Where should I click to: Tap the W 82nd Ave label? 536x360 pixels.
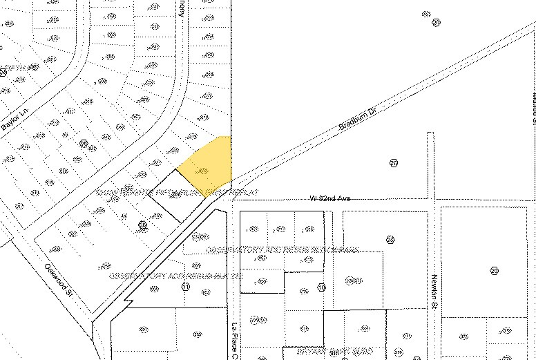pyautogui.click(x=331, y=199)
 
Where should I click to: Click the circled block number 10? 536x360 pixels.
pyautogui.click(x=321, y=287)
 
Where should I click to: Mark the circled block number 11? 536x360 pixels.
pyautogui.click(x=184, y=285)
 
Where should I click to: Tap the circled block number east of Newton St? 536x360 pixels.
pyautogui.click(x=493, y=270)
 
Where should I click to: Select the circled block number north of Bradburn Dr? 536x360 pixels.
pyautogui.click(x=436, y=22)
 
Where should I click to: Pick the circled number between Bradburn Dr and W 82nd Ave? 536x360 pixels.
pyautogui.click(x=393, y=163)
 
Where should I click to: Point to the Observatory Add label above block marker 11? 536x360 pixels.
pyautogui.click(x=175, y=275)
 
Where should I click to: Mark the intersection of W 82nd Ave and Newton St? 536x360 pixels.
pyautogui.click(x=431, y=200)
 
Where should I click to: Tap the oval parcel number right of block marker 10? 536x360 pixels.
pyautogui.click(x=353, y=281)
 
